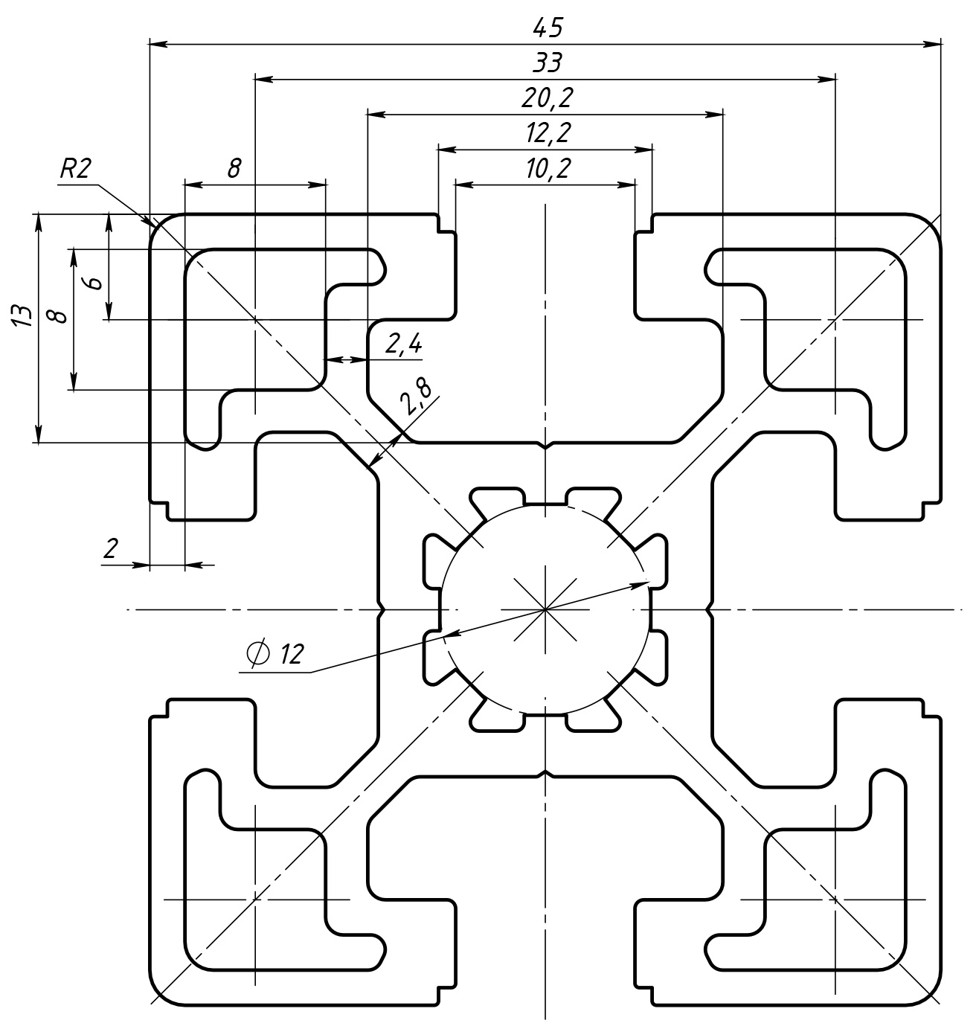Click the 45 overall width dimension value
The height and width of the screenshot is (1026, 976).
(x=548, y=28)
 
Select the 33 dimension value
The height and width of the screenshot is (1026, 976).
(x=548, y=63)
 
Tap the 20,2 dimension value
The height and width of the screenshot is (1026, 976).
(x=548, y=97)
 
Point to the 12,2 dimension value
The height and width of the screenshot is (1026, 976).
(x=548, y=132)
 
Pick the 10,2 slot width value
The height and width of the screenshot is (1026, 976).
(x=548, y=169)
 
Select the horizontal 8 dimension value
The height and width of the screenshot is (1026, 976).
(x=234, y=168)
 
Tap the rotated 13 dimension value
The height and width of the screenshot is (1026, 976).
(x=23, y=315)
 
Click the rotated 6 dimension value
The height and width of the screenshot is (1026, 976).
(x=92, y=283)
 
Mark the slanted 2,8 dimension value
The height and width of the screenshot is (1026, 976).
(x=414, y=397)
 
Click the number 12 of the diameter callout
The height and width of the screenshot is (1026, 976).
(x=292, y=654)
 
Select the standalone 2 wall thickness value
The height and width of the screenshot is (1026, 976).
(x=111, y=549)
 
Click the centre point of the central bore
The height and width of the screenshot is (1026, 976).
(x=546, y=609)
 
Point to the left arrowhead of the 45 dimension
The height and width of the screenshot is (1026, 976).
(x=156, y=45)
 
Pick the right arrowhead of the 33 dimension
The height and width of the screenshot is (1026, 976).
(x=829, y=79)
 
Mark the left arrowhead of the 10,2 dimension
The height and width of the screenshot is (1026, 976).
(x=462, y=183)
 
